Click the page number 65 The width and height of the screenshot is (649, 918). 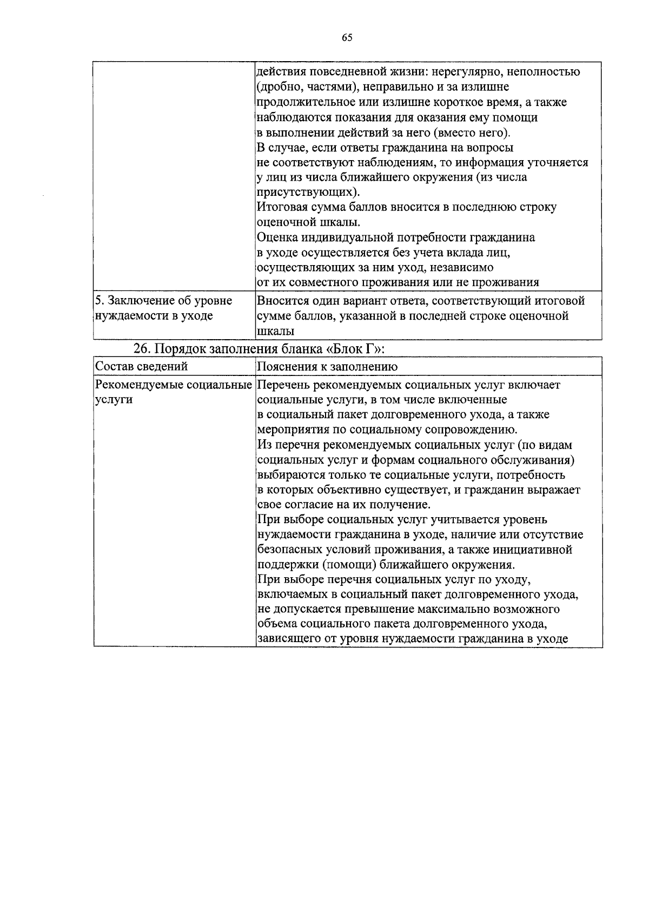tap(347, 37)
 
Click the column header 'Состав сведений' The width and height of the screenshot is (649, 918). tap(141, 366)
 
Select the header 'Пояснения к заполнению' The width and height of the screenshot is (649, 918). tap(327, 366)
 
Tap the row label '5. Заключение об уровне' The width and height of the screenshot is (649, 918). tap(163, 300)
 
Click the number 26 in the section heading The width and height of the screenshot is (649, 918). tap(141, 348)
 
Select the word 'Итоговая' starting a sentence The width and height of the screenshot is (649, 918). tap(281, 207)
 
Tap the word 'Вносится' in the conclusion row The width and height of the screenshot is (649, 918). tap(282, 300)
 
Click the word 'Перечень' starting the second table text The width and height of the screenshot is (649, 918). tap(282, 385)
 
